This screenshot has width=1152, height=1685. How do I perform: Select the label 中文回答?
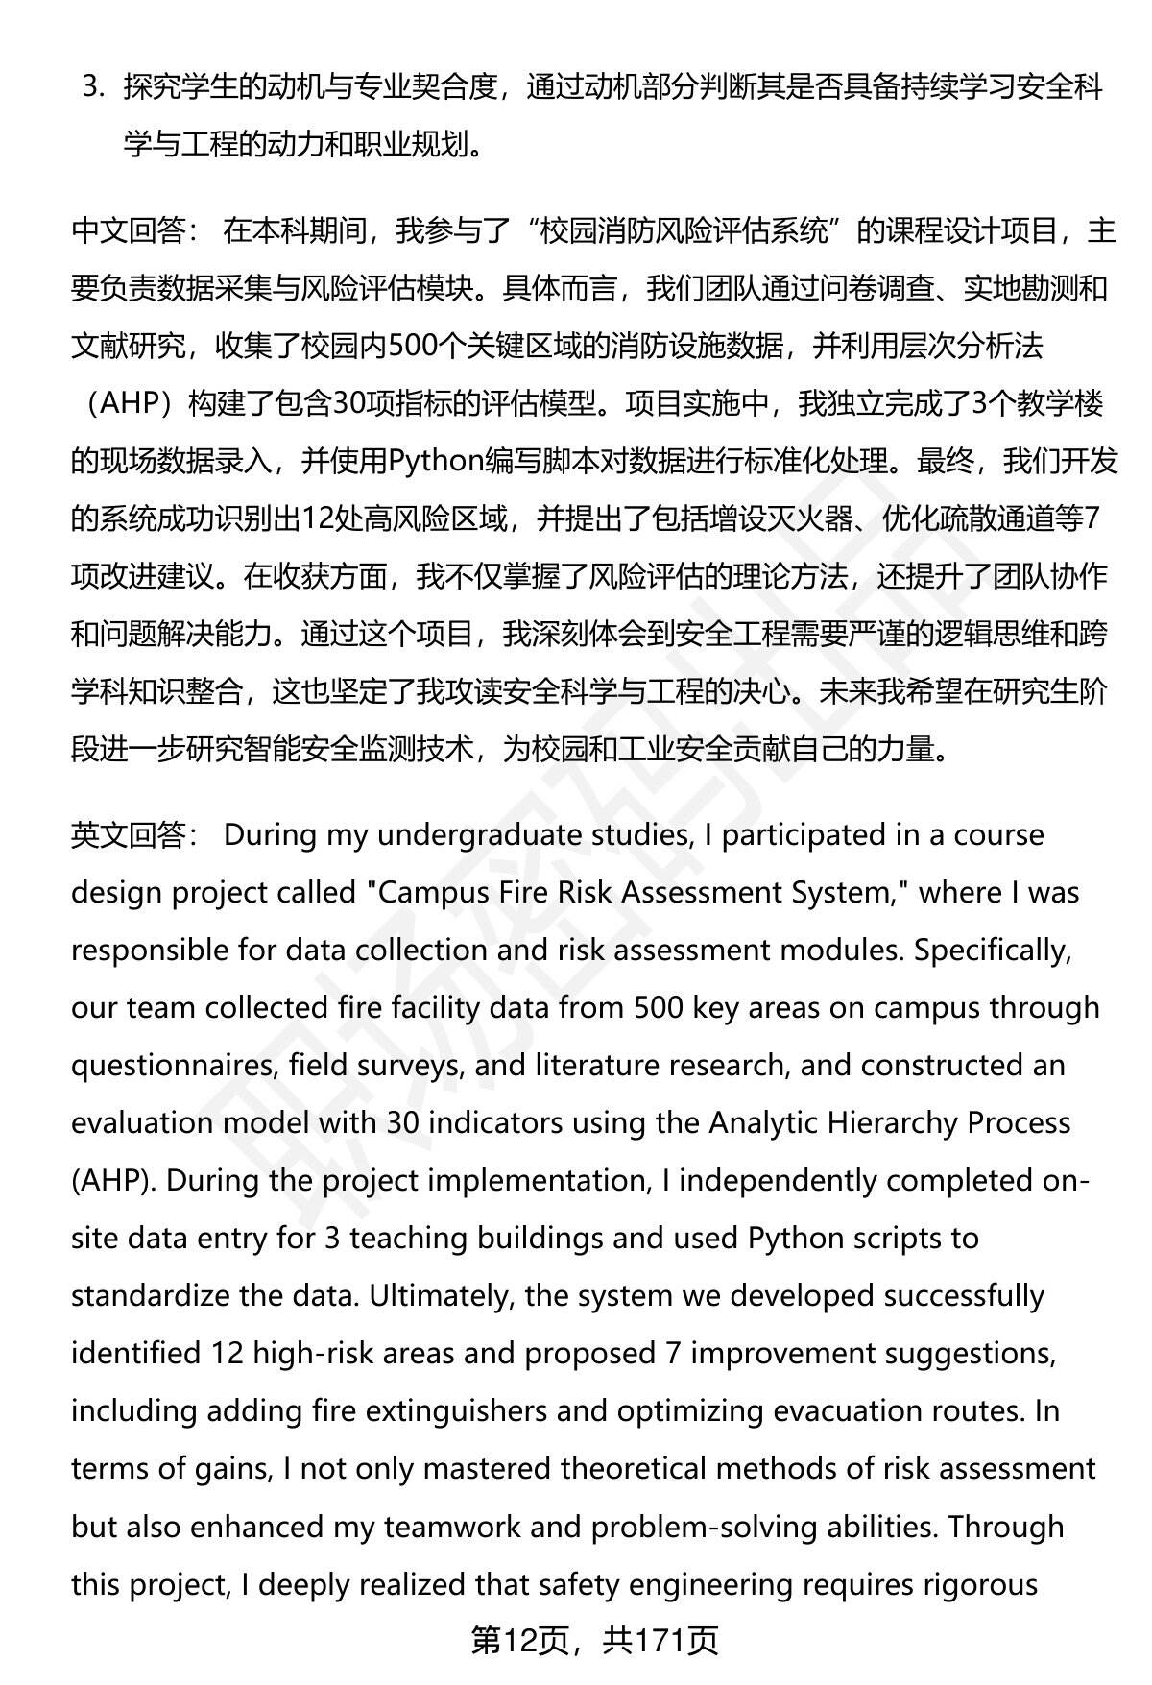click(129, 231)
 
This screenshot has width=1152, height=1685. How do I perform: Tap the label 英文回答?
click(129, 835)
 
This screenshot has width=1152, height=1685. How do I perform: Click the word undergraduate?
click(479, 835)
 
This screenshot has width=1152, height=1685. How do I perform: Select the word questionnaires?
click(166, 1066)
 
